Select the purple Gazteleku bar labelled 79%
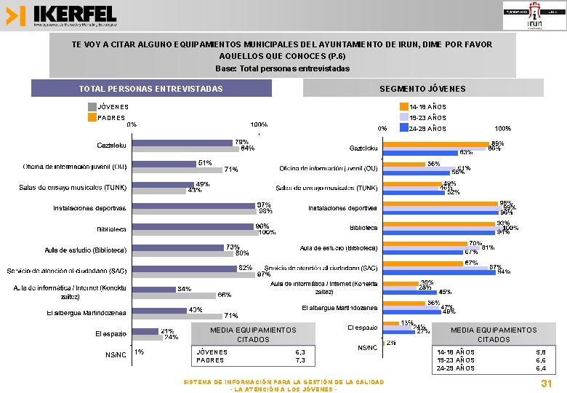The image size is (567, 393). [182, 143]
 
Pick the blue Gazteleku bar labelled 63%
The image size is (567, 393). [420, 151]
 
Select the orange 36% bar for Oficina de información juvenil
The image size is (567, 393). [403, 164]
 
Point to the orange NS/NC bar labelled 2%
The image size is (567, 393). [385, 342]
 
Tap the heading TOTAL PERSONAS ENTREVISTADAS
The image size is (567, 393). [151, 89]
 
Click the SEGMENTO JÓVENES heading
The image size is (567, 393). [422, 89]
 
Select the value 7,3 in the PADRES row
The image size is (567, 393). [299, 360]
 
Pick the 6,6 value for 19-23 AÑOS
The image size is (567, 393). [540, 360]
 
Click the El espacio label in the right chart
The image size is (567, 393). [363, 327]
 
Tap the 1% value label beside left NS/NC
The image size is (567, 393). [138, 352]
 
